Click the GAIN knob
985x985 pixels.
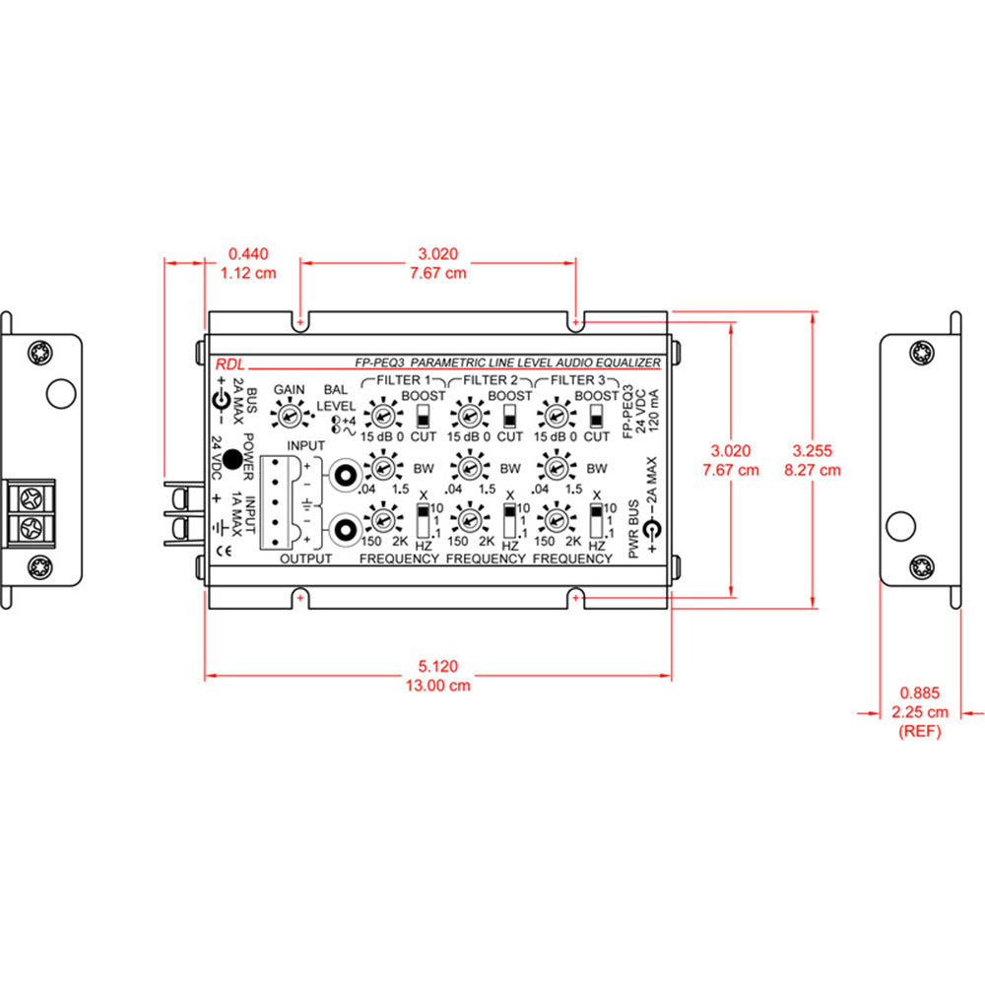289,418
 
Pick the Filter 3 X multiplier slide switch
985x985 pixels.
596,518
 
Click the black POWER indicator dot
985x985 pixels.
233,458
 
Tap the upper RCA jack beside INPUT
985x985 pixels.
345,476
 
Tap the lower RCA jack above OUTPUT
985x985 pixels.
345,531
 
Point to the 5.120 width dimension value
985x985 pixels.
436,666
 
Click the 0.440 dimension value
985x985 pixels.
247,254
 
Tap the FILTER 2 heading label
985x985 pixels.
489,379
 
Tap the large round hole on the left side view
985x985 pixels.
61,393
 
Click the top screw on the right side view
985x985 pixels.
922,351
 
